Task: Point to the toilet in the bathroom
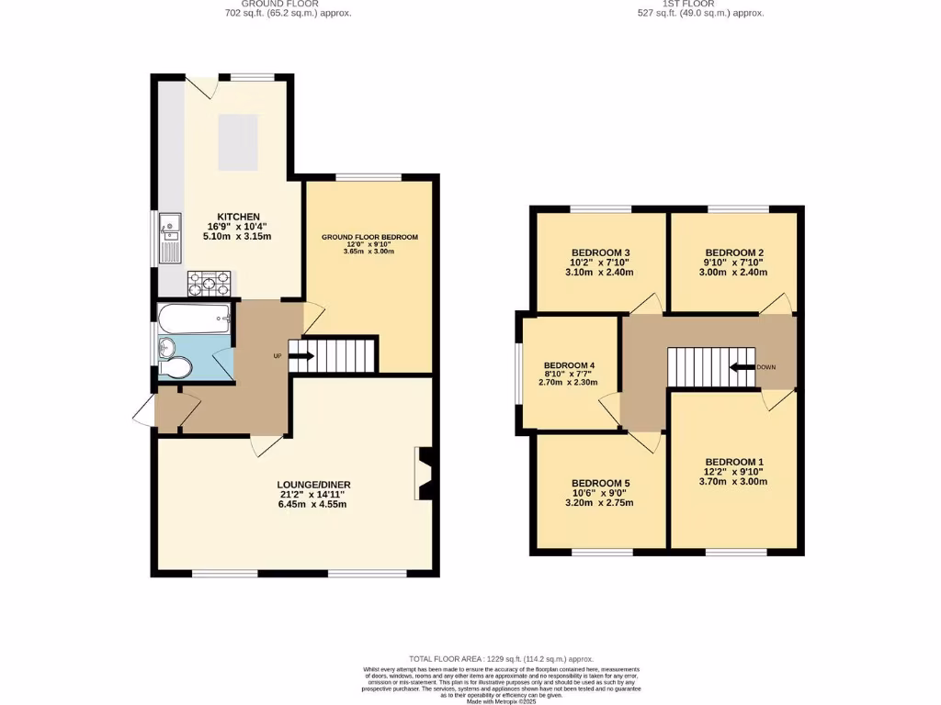click(x=175, y=368)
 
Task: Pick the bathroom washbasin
click(x=165, y=346)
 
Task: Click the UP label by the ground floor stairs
click(x=277, y=355)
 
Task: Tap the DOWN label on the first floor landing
click(x=766, y=367)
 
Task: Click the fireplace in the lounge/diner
click(x=424, y=474)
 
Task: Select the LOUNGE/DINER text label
click(x=314, y=485)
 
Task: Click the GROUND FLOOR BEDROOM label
click(x=369, y=237)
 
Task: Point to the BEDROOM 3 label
click(x=600, y=252)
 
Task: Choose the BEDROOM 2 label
click(x=734, y=252)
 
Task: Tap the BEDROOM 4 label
click(x=570, y=365)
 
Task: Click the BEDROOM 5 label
click(x=600, y=483)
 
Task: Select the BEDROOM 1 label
click(x=734, y=462)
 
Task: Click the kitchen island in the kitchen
click(x=237, y=141)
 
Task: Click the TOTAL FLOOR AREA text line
click(x=502, y=659)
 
